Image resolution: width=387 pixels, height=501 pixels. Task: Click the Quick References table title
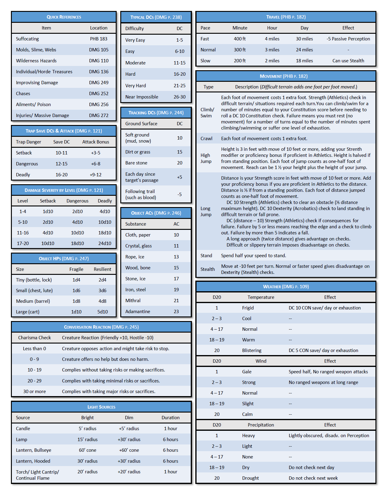tap(64, 17)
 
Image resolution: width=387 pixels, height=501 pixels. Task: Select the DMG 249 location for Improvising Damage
tap(99, 83)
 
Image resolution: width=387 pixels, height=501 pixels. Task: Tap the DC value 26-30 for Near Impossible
tap(180, 97)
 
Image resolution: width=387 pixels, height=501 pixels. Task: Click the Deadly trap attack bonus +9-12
tap(96, 175)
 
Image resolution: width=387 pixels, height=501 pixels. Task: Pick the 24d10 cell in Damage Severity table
tap(105, 244)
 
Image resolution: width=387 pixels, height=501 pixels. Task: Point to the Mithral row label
tap(133, 301)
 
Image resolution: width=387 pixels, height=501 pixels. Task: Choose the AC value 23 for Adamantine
tap(176, 312)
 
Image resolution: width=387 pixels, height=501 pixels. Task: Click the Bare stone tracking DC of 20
tap(180, 163)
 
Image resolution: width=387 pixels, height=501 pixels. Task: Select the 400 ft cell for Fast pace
tap(240, 39)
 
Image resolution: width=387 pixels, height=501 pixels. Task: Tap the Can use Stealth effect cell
tap(348, 61)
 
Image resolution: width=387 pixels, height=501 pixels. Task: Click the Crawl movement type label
tap(206, 139)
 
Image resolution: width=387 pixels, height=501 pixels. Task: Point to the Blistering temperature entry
tap(252, 351)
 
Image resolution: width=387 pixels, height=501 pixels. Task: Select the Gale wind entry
tap(247, 372)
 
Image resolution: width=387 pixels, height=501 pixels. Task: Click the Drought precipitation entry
tap(250, 478)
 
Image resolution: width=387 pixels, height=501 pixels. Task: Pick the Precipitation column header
tap(261, 425)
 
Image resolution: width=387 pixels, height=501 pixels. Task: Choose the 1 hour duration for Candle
tap(170, 429)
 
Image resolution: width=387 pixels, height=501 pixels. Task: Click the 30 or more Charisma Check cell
tap(35, 392)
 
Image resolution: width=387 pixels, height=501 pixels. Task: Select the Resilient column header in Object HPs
tap(102, 269)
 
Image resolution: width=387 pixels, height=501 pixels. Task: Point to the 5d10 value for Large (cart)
tap(102, 312)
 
